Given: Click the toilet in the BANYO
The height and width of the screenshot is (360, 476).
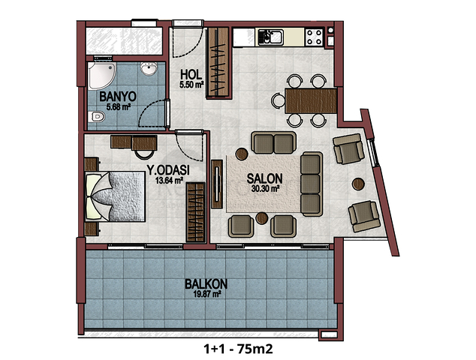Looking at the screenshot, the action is point(97,116).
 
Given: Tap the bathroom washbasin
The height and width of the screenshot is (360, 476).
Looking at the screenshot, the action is point(149,68).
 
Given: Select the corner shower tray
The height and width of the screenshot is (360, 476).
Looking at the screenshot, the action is point(101,76).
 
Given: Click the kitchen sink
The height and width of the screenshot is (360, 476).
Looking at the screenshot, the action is point(270,37).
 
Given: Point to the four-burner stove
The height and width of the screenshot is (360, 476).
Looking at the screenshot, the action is point(314,37).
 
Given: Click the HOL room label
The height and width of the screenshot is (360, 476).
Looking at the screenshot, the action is point(191,74).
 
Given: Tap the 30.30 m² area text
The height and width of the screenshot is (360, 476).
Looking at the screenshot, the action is point(265,189).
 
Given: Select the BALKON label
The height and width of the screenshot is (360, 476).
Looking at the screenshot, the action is point(206,284).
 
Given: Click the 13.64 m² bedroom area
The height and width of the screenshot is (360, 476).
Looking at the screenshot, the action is point(169,181).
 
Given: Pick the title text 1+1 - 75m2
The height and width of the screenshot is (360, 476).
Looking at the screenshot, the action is point(238,349).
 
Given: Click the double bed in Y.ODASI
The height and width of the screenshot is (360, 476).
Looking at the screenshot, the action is point(115,196).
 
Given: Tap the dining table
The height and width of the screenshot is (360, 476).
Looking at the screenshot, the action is point(311,100).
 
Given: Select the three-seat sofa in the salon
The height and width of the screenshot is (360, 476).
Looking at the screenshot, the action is point(311,184).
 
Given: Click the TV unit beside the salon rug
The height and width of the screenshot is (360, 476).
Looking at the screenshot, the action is point(217,184).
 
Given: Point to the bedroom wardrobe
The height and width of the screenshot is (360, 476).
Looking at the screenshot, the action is point(195,212).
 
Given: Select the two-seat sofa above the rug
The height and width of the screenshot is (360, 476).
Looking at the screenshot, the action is point(273,142).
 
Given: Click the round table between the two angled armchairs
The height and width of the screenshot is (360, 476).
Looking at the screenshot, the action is point(358,184).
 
